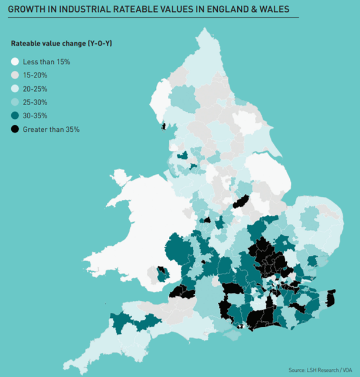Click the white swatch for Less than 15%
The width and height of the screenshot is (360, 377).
pyautogui.click(x=15, y=61)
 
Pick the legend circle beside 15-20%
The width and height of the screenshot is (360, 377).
pyautogui.click(x=15, y=75)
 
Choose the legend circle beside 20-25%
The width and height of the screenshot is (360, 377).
pyautogui.click(x=15, y=89)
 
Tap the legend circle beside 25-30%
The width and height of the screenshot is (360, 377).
pyautogui.click(x=15, y=102)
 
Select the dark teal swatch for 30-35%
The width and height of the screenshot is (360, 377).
pyautogui.click(x=15, y=116)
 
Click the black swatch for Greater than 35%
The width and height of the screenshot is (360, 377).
pyautogui.click(x=15, y=129)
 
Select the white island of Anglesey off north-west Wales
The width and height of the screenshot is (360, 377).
pyautogui.click(x=120, y=177)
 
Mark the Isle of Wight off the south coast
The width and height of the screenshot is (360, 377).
pyautogui.click(x=231, y=335)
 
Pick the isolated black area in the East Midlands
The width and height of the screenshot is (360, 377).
pyautogui.click(x=239, y=202)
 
